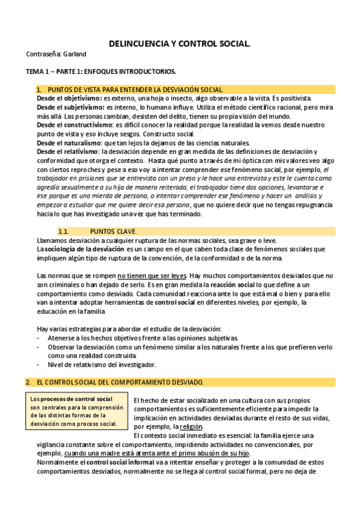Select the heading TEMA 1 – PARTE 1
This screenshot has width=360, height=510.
[101, 72]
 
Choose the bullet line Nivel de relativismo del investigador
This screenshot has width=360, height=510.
[101, 364]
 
